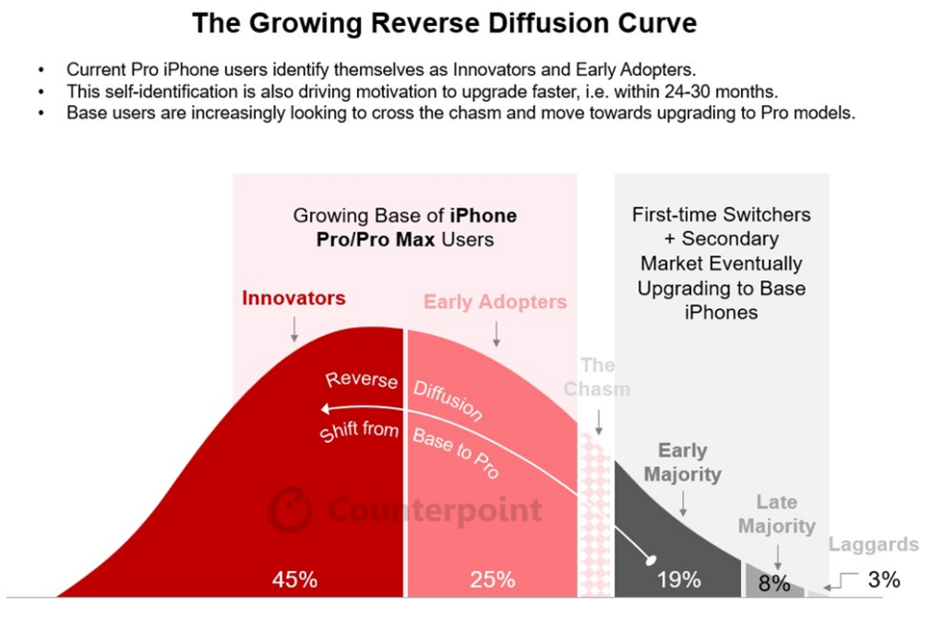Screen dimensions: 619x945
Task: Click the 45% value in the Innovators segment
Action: point(294,580)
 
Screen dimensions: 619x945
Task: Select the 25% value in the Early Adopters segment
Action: point(492,580)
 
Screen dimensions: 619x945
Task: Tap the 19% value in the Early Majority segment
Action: point(678,580)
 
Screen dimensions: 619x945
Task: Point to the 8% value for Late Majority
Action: point(774,583)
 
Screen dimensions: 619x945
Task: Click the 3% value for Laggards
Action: point(883,580)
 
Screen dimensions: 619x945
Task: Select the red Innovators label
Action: point(293,298)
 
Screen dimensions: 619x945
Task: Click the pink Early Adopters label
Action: point(495,302)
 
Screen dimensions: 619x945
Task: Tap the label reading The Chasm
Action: point(597,376)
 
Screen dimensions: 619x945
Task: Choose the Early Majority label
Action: point(682,462)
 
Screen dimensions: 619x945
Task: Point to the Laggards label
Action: point(873,544)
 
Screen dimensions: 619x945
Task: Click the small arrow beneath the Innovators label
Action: point(293,327)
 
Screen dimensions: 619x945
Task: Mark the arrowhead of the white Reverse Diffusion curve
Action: point(324,410)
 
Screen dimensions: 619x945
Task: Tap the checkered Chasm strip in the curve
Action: point(597,517)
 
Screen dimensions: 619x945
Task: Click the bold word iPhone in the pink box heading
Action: point(483,216)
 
